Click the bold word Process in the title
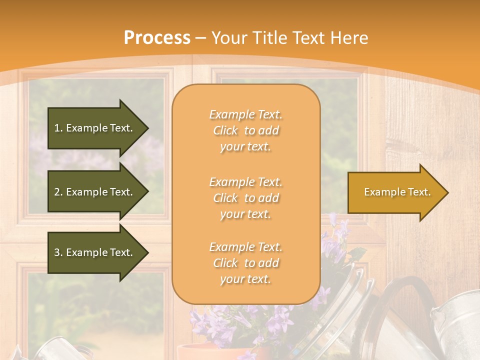coord(157,38)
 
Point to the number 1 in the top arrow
coord(57,128)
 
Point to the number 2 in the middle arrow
coord(57,192)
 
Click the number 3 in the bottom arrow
coord(57,252)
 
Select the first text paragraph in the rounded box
coord(245,130)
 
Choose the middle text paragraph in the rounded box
coord(245,198)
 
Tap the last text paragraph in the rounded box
coord(245,263)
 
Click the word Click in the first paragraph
coord(225,131)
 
